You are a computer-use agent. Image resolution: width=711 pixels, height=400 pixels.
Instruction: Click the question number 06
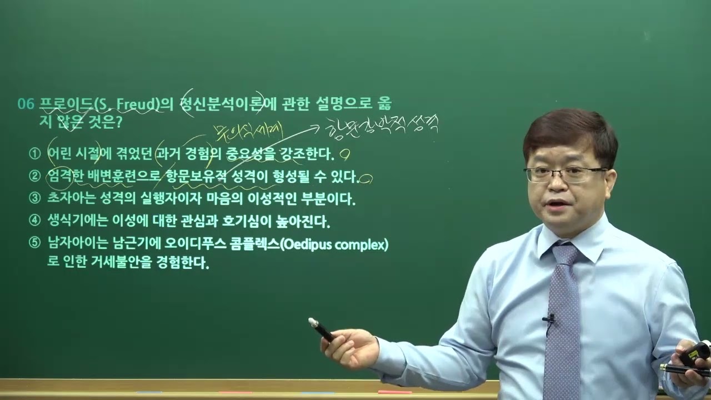click(x=26, y=104)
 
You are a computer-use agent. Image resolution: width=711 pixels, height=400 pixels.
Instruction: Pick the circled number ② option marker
click(x=35, y=176)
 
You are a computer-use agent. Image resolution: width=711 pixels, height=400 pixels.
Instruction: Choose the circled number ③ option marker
click(x=35, y=198)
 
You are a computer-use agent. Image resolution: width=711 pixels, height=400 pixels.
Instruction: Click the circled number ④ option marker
click(x=35, y=221)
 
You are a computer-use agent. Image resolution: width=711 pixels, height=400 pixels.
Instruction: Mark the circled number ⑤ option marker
click(x=35, y=243)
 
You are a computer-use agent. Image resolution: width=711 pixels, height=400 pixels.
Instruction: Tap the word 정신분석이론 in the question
click(x=222, y=104)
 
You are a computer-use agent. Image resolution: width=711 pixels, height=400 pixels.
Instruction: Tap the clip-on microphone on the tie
click(x=549, y=319)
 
